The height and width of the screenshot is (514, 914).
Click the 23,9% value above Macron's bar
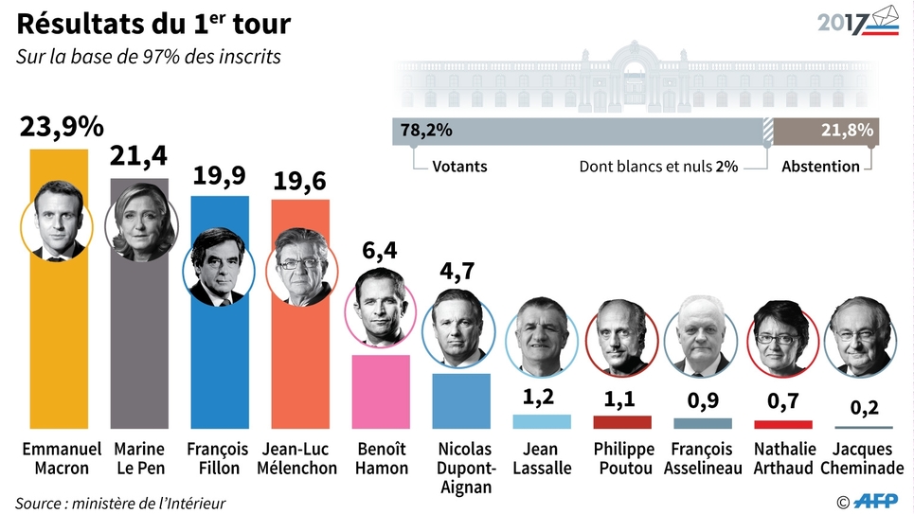[62, 128]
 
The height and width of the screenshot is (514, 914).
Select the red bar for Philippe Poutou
[621, 422]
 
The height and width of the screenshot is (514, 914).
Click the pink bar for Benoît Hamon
[381, 391]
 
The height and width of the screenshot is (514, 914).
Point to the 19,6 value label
[300, 182]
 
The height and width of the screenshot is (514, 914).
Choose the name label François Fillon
[218, 458]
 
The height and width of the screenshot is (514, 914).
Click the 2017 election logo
[857, 21]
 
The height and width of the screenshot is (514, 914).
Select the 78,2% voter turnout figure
[426, 131]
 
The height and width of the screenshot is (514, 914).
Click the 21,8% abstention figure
[847, 131]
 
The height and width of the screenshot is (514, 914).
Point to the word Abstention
[820, 167]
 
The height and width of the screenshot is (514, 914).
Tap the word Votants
[459, 167]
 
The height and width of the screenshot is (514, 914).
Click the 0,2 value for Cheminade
[862, 409]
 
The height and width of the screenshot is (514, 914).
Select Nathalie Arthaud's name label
[781, 458]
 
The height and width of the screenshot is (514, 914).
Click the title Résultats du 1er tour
[153, 24]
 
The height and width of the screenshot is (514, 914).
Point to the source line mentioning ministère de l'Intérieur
[120, 503]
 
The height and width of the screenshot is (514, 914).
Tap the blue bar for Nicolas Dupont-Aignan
[461, 401]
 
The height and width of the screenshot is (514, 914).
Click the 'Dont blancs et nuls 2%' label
[658, 167]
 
